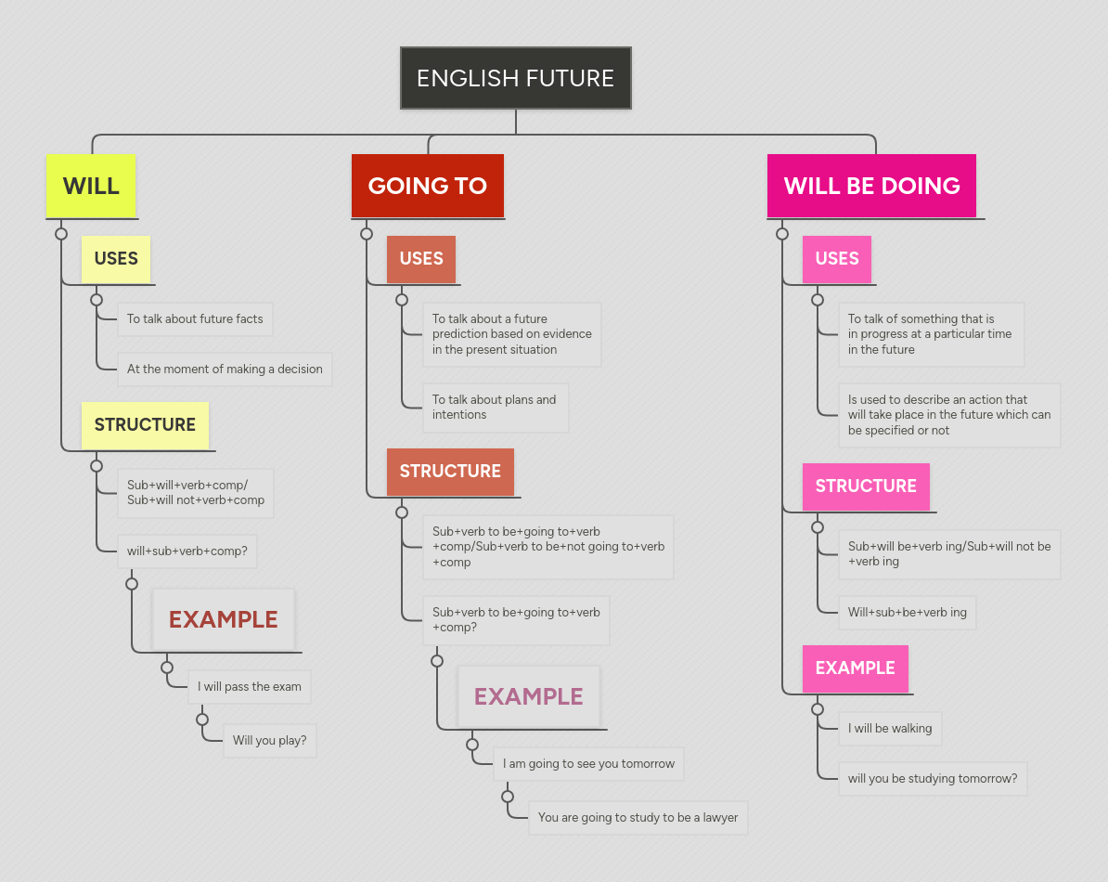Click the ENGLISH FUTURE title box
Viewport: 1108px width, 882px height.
515,78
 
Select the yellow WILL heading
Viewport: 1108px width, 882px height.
91,186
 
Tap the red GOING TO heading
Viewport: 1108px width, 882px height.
427,186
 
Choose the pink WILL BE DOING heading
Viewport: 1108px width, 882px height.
871,186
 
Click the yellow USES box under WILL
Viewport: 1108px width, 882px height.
116,259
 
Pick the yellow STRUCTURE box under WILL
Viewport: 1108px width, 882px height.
145,425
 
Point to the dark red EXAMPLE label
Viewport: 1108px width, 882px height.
223,619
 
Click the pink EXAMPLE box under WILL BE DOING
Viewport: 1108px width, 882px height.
855,668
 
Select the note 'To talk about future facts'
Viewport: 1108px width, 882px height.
195,319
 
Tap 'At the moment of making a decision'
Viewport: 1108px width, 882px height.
225,370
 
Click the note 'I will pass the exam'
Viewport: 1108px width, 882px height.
249,687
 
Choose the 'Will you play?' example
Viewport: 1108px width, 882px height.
269,741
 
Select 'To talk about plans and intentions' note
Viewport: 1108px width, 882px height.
495,408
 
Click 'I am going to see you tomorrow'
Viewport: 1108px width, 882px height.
588,764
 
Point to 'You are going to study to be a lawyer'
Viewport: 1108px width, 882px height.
638,818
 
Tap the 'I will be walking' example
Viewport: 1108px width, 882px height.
890,729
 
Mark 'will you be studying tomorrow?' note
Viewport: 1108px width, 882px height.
932,779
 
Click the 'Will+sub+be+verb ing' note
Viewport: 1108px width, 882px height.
907,613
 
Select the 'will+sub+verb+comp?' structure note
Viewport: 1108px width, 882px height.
187,551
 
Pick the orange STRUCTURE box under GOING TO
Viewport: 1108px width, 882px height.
450,472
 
